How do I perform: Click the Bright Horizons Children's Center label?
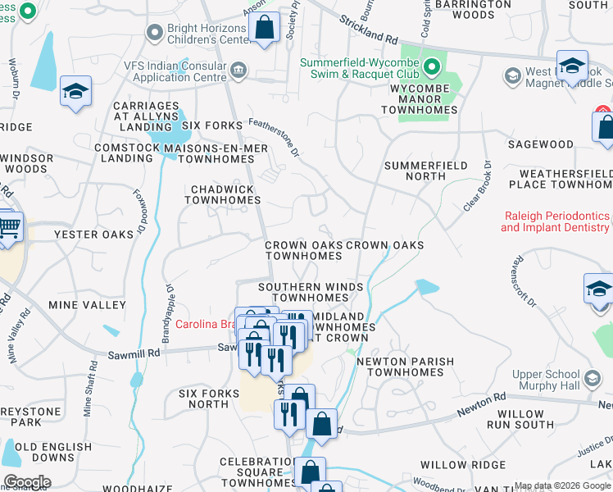click(x=207, y=33)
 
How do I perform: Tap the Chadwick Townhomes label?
click(x=223, y=194)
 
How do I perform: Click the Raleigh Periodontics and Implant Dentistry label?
click(x=555, y=221)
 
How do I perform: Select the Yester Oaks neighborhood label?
click(x=93, y=235)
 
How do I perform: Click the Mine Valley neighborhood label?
click(x=88, y=304)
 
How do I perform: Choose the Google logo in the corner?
click(x=27, y=482)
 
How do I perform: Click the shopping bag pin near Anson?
click(x=265, y=30)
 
